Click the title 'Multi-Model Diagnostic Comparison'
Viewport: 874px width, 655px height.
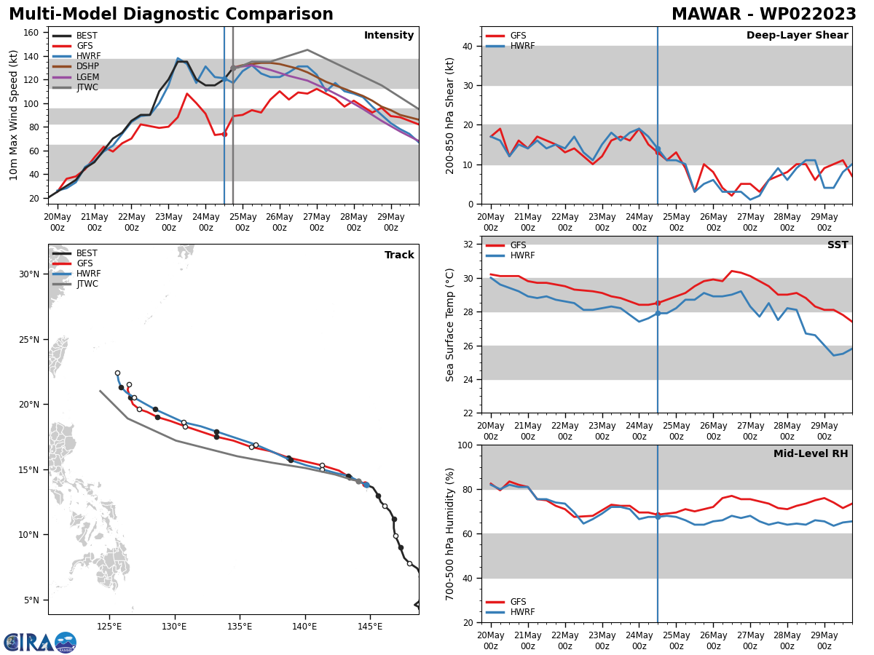click(171, 15)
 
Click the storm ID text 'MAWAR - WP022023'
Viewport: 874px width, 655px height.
click(763, 15)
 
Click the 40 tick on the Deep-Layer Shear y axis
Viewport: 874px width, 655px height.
click(466, 46)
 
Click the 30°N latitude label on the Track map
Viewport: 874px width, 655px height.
click(29, 274)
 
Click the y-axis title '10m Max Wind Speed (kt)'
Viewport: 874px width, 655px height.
click(14, 115)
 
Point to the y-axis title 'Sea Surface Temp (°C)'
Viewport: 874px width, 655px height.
click(451, 325)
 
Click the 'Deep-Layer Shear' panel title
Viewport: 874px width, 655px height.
click(797, 36)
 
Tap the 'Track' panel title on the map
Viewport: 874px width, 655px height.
click(399, 255)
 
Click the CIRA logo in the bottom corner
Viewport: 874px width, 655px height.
click(40, 642)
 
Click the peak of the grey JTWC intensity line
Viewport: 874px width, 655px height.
click(307, 50)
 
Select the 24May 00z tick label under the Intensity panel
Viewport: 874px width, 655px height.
click(205, 222)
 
